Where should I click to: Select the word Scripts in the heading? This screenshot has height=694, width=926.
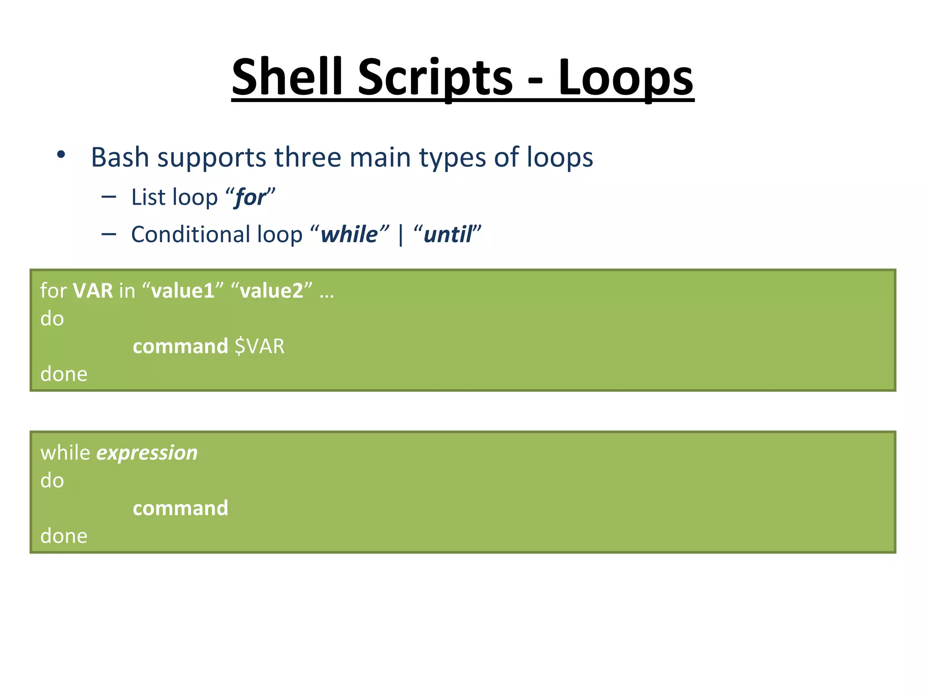(435, 78)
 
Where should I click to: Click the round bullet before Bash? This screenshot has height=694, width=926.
(61, 155)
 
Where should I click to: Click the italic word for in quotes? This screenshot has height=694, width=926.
(250, 198)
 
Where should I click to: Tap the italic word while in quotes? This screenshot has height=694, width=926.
(349, 234)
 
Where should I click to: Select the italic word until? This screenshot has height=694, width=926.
(448, 234)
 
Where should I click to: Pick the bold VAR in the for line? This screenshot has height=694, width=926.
(93, 291)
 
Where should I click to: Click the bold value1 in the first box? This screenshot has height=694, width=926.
(183, 291)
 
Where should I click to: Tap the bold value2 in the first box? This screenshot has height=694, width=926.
(271, 291)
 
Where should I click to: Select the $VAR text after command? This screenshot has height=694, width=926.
(260, 347)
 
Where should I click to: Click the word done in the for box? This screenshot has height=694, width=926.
(64, 374)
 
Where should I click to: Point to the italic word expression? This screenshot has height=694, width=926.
(147, 453)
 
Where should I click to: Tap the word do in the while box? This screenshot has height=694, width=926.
(52, 481)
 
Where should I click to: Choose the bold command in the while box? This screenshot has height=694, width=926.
(180, 508)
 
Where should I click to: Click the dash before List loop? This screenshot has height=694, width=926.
(109, 197)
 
